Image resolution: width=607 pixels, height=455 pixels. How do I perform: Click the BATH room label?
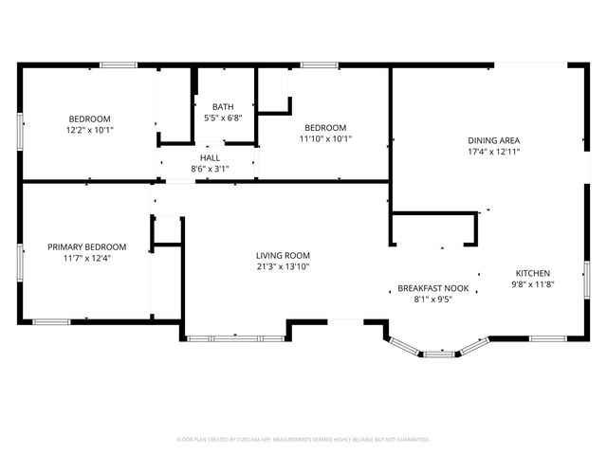coord(223,107)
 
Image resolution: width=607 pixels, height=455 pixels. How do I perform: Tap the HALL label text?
coord(210,157)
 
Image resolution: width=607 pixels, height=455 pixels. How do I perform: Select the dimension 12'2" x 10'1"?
coord(89,129)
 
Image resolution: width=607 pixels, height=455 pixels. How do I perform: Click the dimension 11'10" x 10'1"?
coord(324,138)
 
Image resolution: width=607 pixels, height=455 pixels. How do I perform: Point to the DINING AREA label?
coord(493,140)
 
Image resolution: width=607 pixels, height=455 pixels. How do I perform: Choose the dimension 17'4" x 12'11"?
coord(493,152)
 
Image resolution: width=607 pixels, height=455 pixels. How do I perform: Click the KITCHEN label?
coord(532,273)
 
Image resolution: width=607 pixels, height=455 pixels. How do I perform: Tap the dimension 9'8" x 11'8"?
coord(532,284)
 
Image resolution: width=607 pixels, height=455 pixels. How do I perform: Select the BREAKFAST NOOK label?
coord(432,288)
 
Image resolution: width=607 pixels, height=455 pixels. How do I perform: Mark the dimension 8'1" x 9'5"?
coord(432,300)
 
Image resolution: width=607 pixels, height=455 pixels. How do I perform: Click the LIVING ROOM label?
coord(283,255)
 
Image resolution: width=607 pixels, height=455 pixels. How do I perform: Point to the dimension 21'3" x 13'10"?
coord(283,266)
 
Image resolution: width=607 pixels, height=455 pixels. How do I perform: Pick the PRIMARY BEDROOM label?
coord(86,246)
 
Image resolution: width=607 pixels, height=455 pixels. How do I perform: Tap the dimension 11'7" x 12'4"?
coord(86,258)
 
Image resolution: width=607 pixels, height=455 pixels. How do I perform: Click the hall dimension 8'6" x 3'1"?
coord(210,169)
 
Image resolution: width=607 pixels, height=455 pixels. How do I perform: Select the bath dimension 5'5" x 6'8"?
coord(223,118)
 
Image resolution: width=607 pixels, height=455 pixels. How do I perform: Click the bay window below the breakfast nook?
coord(437,353)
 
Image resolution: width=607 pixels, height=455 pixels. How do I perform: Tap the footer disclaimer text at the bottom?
coord(303,439)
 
